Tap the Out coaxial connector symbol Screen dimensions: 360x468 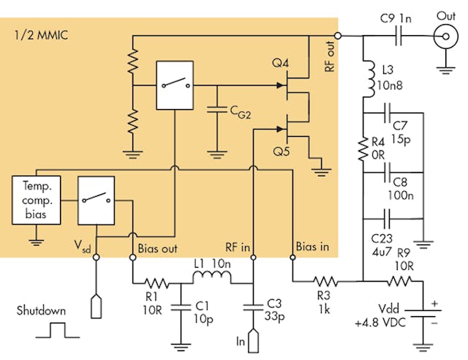444,34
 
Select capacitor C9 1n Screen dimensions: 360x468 399,34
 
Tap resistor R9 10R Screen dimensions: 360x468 400,281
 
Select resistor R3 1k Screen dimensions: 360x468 326,281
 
